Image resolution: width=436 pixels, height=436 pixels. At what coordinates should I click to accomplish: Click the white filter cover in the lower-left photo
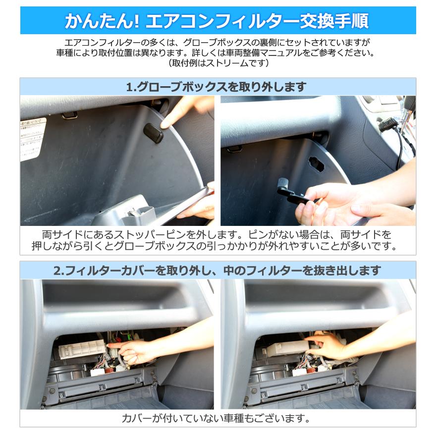click(x=82, y=350)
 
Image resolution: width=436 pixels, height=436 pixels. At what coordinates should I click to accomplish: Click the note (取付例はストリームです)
click(x=218, y=63)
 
